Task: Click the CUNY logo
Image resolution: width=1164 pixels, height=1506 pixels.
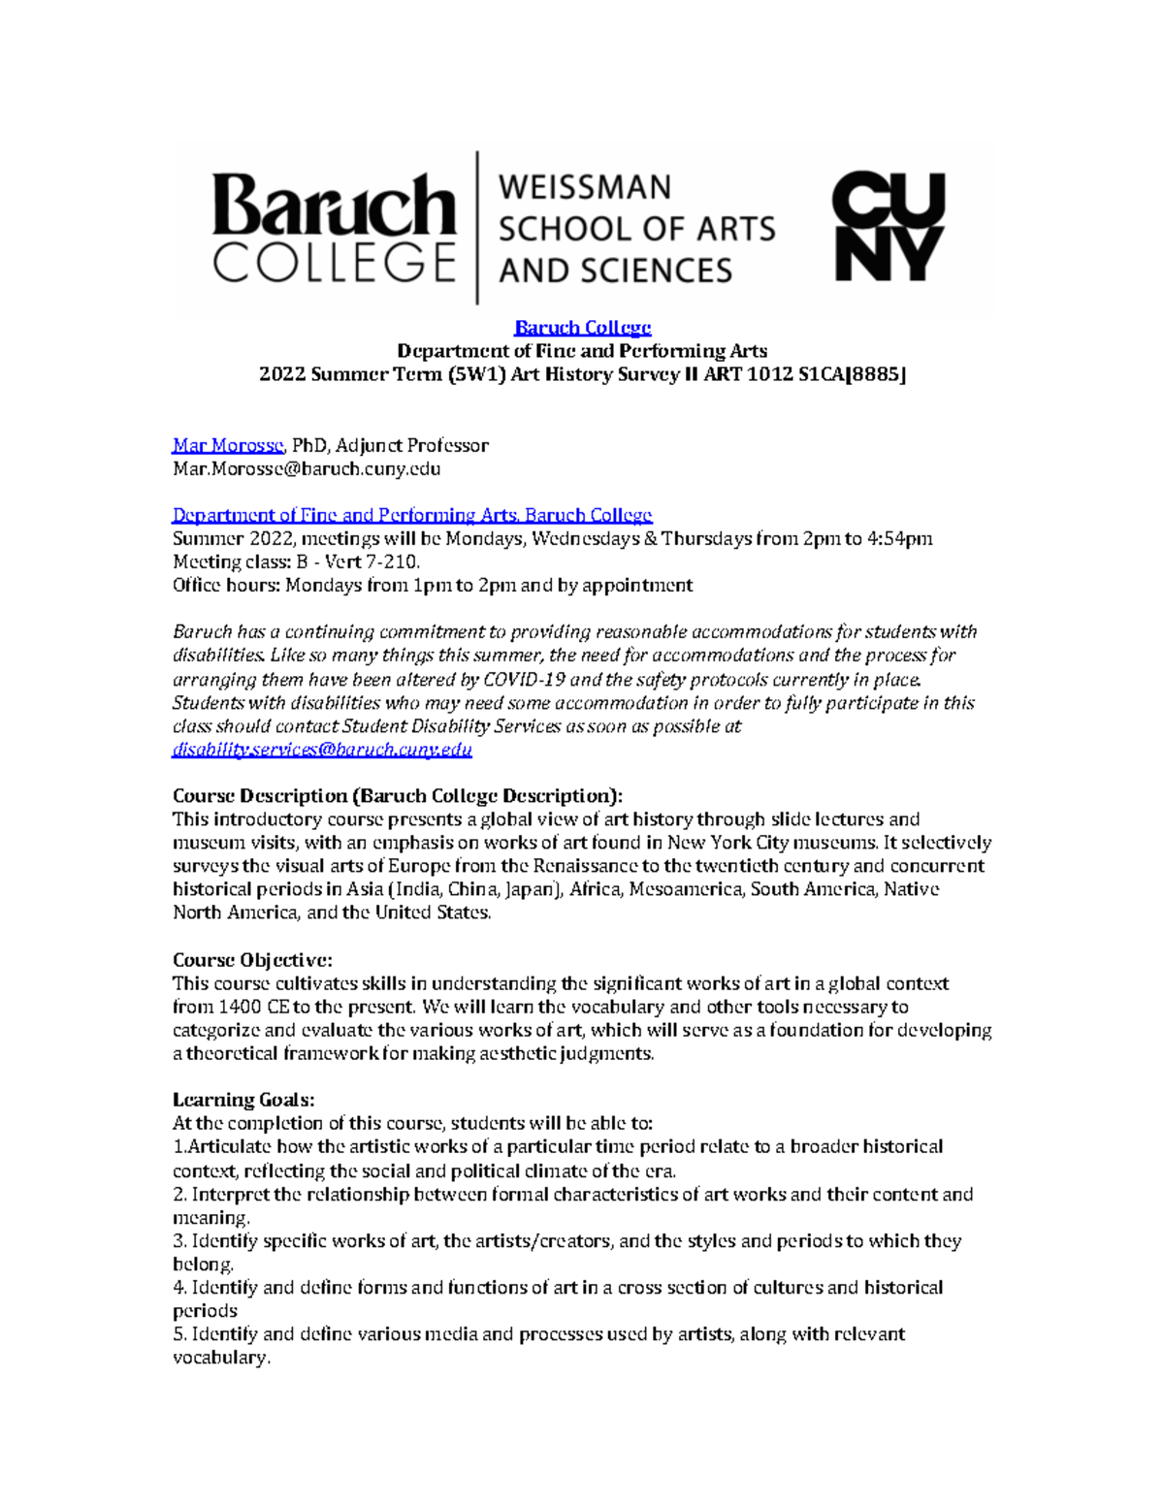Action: click(x=888, y=227)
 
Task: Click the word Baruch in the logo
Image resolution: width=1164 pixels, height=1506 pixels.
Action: click(x=333, y=205)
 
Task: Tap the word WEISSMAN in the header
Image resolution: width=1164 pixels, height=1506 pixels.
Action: click(x=584, y=186)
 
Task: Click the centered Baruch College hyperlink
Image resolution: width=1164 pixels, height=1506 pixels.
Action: click(x=582, y=328)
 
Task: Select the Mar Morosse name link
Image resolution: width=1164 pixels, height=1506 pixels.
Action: click(x=228, y=445)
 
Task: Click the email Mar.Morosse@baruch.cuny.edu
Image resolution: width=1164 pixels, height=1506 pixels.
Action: click(x=307, y=468)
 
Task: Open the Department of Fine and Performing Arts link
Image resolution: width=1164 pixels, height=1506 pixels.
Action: click(x=412, y=515)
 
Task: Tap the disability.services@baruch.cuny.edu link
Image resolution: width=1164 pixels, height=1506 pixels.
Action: click(x=322, y=750)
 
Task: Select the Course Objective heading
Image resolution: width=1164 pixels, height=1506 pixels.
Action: click(x=252, y=960)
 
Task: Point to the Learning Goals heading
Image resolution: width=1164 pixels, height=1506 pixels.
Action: click(x=243, y=1100)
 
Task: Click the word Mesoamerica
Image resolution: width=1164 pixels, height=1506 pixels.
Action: click(x=687, y=889)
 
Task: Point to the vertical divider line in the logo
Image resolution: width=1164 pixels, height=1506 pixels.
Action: click(x=476, y=227)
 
